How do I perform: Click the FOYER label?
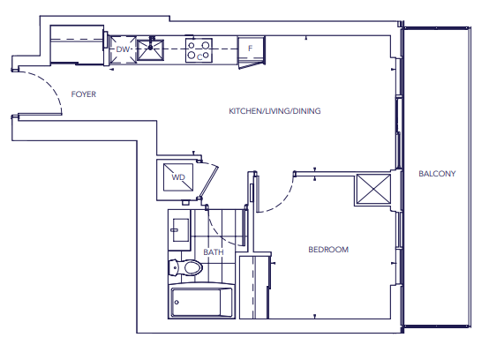83,94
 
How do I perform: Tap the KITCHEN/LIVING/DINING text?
275,111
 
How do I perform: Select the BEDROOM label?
328,250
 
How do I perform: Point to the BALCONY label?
437,174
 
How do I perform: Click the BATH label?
214,251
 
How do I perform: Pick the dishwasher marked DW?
123,50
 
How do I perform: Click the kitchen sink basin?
150,49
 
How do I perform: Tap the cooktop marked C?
199,50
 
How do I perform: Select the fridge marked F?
251,50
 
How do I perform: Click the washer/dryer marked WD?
178,177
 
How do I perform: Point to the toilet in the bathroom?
185,267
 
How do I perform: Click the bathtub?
201,301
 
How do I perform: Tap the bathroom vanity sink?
180,230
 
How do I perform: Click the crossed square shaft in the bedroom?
373,189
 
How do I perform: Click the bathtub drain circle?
177,302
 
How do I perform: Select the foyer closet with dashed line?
77,45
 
